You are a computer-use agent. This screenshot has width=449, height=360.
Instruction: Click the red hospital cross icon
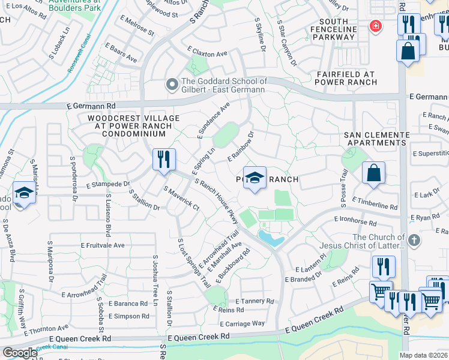pyautogui.click(x=375, y=26)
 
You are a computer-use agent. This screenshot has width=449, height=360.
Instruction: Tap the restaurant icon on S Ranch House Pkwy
pyautogui.click(x=164, y=160)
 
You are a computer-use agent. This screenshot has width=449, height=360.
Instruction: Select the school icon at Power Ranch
pyautogui.click(x=255, y=178)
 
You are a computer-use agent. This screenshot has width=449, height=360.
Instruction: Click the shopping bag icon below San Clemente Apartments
pyautogui.click(x=373, y=173)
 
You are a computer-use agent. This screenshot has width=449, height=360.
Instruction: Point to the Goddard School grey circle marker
pyautogui.click(x=172, y=86)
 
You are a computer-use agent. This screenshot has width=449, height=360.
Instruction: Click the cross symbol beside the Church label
pyautogui.click(x=413, y=241)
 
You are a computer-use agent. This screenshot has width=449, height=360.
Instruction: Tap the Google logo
pyautogui.click(x=20, y=352)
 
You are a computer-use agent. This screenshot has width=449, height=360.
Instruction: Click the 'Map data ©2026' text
pyautogui.click(x=424, y=355)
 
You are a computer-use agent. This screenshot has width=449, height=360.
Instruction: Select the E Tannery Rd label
pyautogui.click(x=255, y=301)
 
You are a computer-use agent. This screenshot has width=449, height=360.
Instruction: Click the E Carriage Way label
pyautogui.click(x=243, y=323)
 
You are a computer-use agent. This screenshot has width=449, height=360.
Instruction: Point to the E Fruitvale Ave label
pyautogui.click(x=103, y=245)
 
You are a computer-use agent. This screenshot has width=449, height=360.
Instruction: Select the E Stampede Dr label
pyautogui.click(x=108, y=184)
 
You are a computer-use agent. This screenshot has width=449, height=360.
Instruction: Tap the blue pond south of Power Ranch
pyautogui.click(x=269, y=238)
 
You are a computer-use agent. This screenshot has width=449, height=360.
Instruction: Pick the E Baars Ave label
pyautogui.click(x=121, y=53)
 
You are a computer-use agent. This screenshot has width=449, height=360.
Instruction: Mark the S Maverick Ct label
pyautogui.click(x=181, y=199)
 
